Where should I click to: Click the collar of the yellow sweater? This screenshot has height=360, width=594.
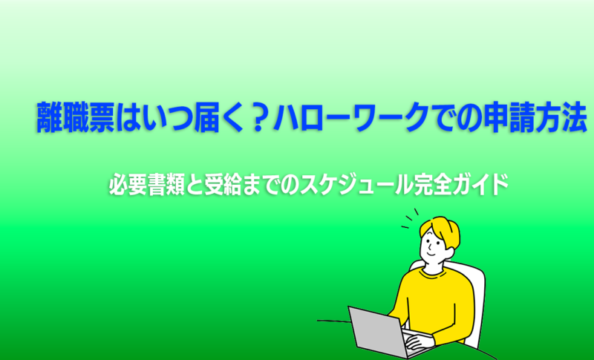click(x=431, y=269)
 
